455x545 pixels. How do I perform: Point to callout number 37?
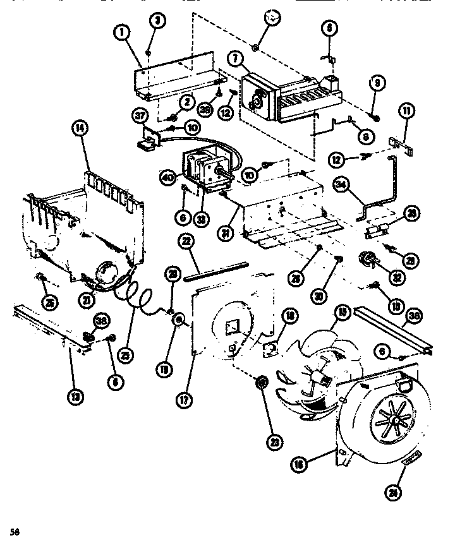coord(140,114)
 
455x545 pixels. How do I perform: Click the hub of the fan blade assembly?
coord(324,378)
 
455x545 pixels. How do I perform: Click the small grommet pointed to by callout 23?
coord(260,384)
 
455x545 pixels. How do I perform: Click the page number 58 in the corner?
coord(13,530)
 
